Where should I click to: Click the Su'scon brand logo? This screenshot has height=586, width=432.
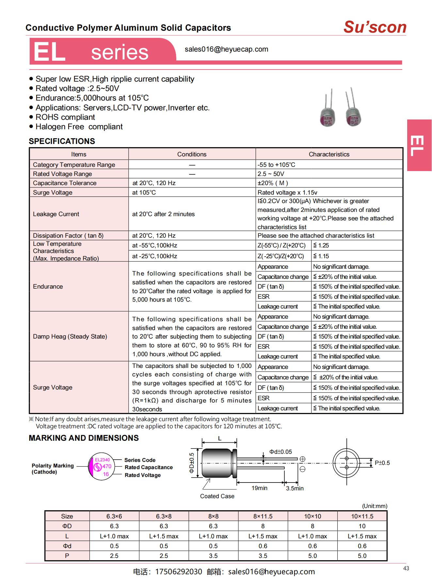point(375,27)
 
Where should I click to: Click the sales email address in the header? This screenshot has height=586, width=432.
point(226,49)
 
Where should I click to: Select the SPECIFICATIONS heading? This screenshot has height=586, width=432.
point(62,141)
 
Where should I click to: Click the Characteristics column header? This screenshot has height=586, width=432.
point(329,154)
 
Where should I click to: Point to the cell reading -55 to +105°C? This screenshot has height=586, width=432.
point(276,165)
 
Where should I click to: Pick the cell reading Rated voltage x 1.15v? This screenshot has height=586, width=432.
point(287,192)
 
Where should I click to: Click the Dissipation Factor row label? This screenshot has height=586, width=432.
point(68,235)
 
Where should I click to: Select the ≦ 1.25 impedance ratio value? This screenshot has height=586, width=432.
point(321,245)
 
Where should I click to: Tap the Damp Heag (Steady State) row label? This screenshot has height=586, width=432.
point(70,336)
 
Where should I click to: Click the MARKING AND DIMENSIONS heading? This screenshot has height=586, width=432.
point(84,438)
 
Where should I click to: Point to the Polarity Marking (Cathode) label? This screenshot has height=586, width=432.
point(53,468)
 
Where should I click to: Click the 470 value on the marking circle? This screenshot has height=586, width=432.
point(107,467)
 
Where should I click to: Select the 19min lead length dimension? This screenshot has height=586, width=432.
point(259,488)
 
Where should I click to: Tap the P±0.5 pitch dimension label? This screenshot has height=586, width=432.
point(382,463)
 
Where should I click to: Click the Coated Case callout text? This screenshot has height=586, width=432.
point(217,496)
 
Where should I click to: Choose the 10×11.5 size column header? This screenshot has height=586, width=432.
point(362,516)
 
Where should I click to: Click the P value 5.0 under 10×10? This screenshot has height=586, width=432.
point(312,556)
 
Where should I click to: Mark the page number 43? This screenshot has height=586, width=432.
point(406,568)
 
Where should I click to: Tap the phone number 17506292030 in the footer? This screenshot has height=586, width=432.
point(178,572)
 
